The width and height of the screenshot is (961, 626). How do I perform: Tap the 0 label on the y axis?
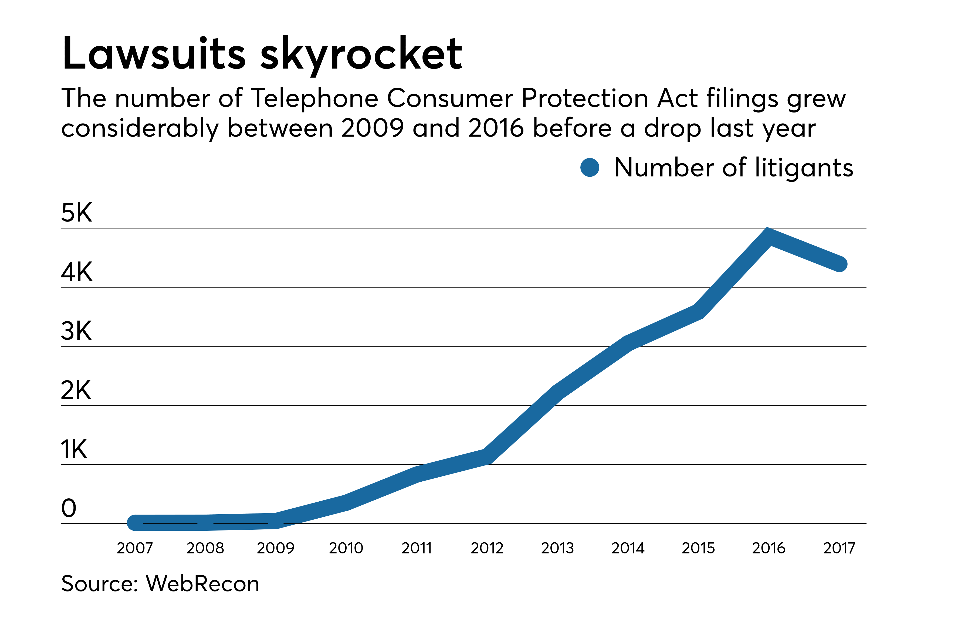[69, 508]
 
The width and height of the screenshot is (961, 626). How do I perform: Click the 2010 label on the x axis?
[346, 548]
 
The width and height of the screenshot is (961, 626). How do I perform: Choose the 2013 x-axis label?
[557, 548]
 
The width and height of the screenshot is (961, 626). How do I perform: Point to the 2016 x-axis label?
[769, 548]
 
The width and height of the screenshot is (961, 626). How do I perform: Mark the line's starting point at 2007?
[135, 522]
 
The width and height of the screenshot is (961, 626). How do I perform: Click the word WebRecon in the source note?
[202, 584]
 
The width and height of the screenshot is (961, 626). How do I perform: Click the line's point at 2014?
[628, 343]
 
